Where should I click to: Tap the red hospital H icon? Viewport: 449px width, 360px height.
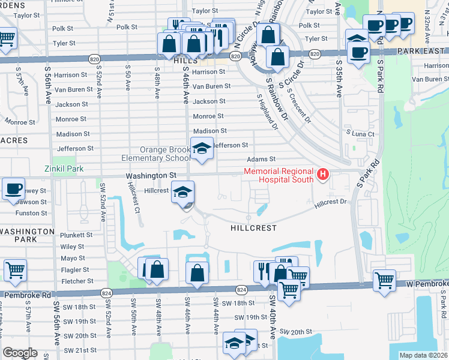coord(323,175)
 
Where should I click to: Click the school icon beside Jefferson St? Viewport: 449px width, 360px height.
coord(202,149)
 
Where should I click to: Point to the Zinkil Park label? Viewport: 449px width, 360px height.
coord(64,169)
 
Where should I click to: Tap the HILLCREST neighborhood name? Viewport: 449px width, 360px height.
coord(255,229)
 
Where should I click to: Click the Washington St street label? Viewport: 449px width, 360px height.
coord(151,175)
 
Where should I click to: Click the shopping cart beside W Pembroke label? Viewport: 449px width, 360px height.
coord(384,280)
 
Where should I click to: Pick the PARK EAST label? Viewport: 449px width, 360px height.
coord(422,52)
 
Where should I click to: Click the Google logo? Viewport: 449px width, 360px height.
coord(20,353)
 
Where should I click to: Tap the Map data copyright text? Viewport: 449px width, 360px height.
coord(423,355)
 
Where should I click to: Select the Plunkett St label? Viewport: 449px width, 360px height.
coord(76,235)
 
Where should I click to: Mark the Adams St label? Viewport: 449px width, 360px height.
coord(261,160)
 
